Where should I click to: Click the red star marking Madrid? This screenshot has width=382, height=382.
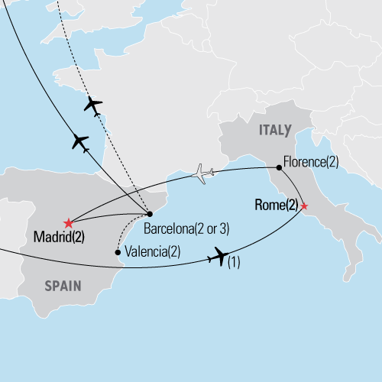click(69, 222)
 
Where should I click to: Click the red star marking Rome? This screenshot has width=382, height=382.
click(304, 206)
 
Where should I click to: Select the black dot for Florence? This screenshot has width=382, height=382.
click(279, 167)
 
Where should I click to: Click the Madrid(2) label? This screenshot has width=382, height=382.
click(59, 238)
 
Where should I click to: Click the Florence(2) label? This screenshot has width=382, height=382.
click(311, 161)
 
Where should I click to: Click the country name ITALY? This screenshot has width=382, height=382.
click(274, 131)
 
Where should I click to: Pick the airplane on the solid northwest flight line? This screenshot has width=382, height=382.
click(79, 142)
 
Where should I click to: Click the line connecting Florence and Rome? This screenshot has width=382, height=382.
click(294, 184)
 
